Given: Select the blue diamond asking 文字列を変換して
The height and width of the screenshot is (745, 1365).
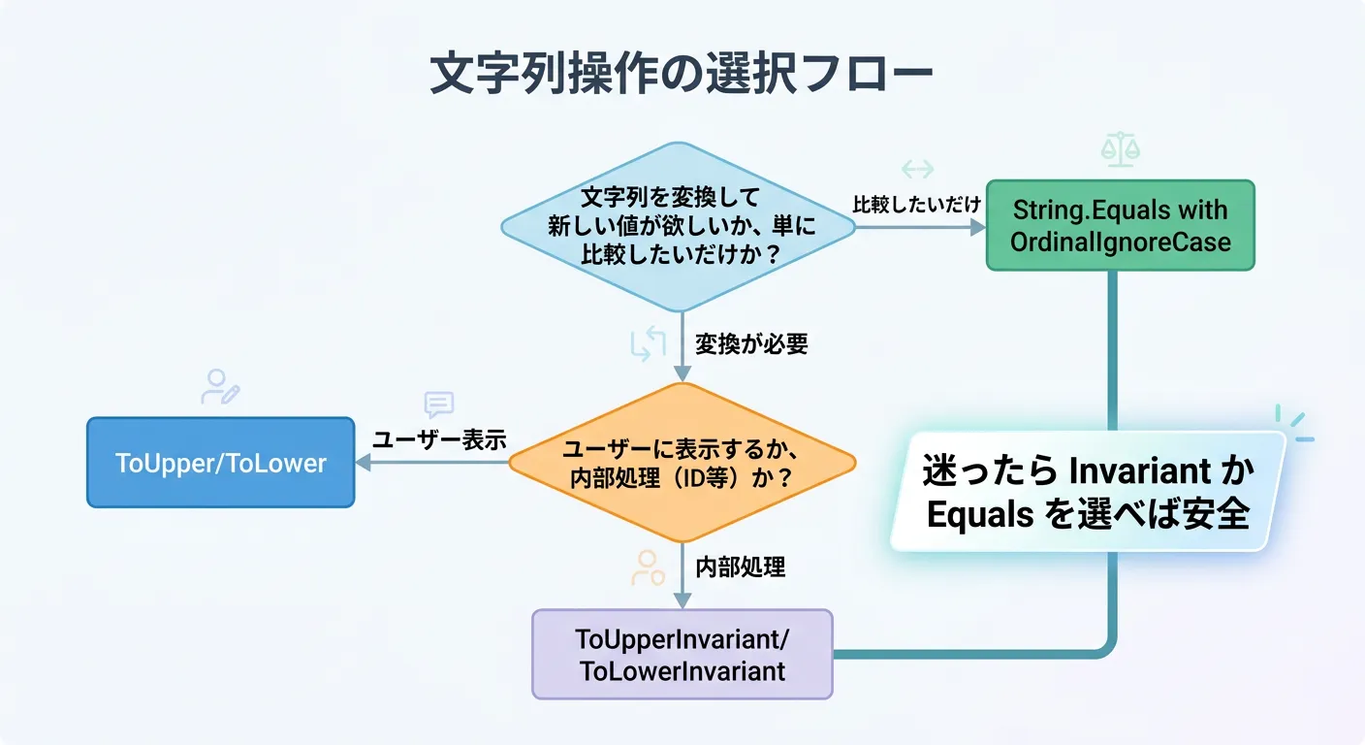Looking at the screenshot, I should pos(678,226).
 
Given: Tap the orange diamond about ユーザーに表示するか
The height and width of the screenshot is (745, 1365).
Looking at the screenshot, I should pos(682,463).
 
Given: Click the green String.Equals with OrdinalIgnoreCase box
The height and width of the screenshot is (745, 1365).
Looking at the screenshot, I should pos(1120,225).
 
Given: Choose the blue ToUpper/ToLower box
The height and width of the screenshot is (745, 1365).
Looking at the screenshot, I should pos(221,463).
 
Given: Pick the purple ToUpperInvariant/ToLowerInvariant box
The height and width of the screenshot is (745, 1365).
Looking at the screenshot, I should pos(682,654).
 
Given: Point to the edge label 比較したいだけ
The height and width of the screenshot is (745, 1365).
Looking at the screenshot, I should pos(917,205).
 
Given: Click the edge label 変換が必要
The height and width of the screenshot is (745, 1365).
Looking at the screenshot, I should pos(751,344).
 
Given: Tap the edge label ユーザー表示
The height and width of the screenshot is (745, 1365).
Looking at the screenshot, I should pos(440,439).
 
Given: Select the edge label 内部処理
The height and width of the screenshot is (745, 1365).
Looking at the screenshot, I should pos(741,567).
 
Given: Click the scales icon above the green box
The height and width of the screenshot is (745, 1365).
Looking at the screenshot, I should pos(1120,149).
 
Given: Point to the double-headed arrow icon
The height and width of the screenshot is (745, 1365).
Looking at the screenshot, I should pos(917,170).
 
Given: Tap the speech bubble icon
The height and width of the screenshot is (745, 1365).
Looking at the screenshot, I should pos(439,405).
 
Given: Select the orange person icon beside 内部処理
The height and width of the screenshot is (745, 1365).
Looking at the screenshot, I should pos(648,567).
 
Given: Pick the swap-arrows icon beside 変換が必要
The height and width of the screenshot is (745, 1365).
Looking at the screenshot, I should pos(648,344).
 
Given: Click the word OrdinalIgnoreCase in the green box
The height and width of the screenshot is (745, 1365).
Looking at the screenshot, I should pos(1120,242).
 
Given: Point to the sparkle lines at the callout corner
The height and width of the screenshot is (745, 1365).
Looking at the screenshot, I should pos(1293,423).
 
